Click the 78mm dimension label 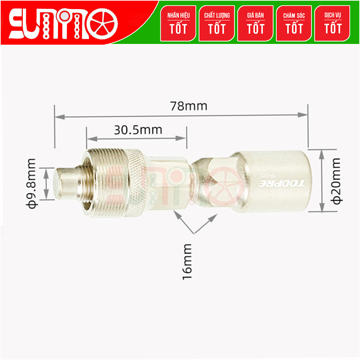point(188,106)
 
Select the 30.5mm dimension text point(138,130)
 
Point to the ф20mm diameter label point(336,181)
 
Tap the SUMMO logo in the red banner point(63,24)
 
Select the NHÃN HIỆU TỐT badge point(178,24)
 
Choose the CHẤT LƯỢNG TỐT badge point(217,24)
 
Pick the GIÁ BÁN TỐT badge point(255,24)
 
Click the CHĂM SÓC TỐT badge point(294,24)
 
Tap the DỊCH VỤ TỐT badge point(333,24)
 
